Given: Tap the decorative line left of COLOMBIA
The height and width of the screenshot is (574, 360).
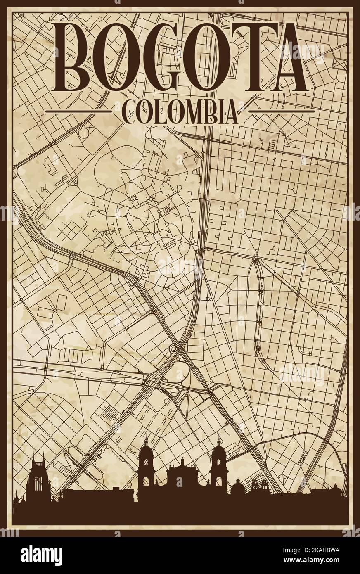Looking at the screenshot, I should tap(78, 111).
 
